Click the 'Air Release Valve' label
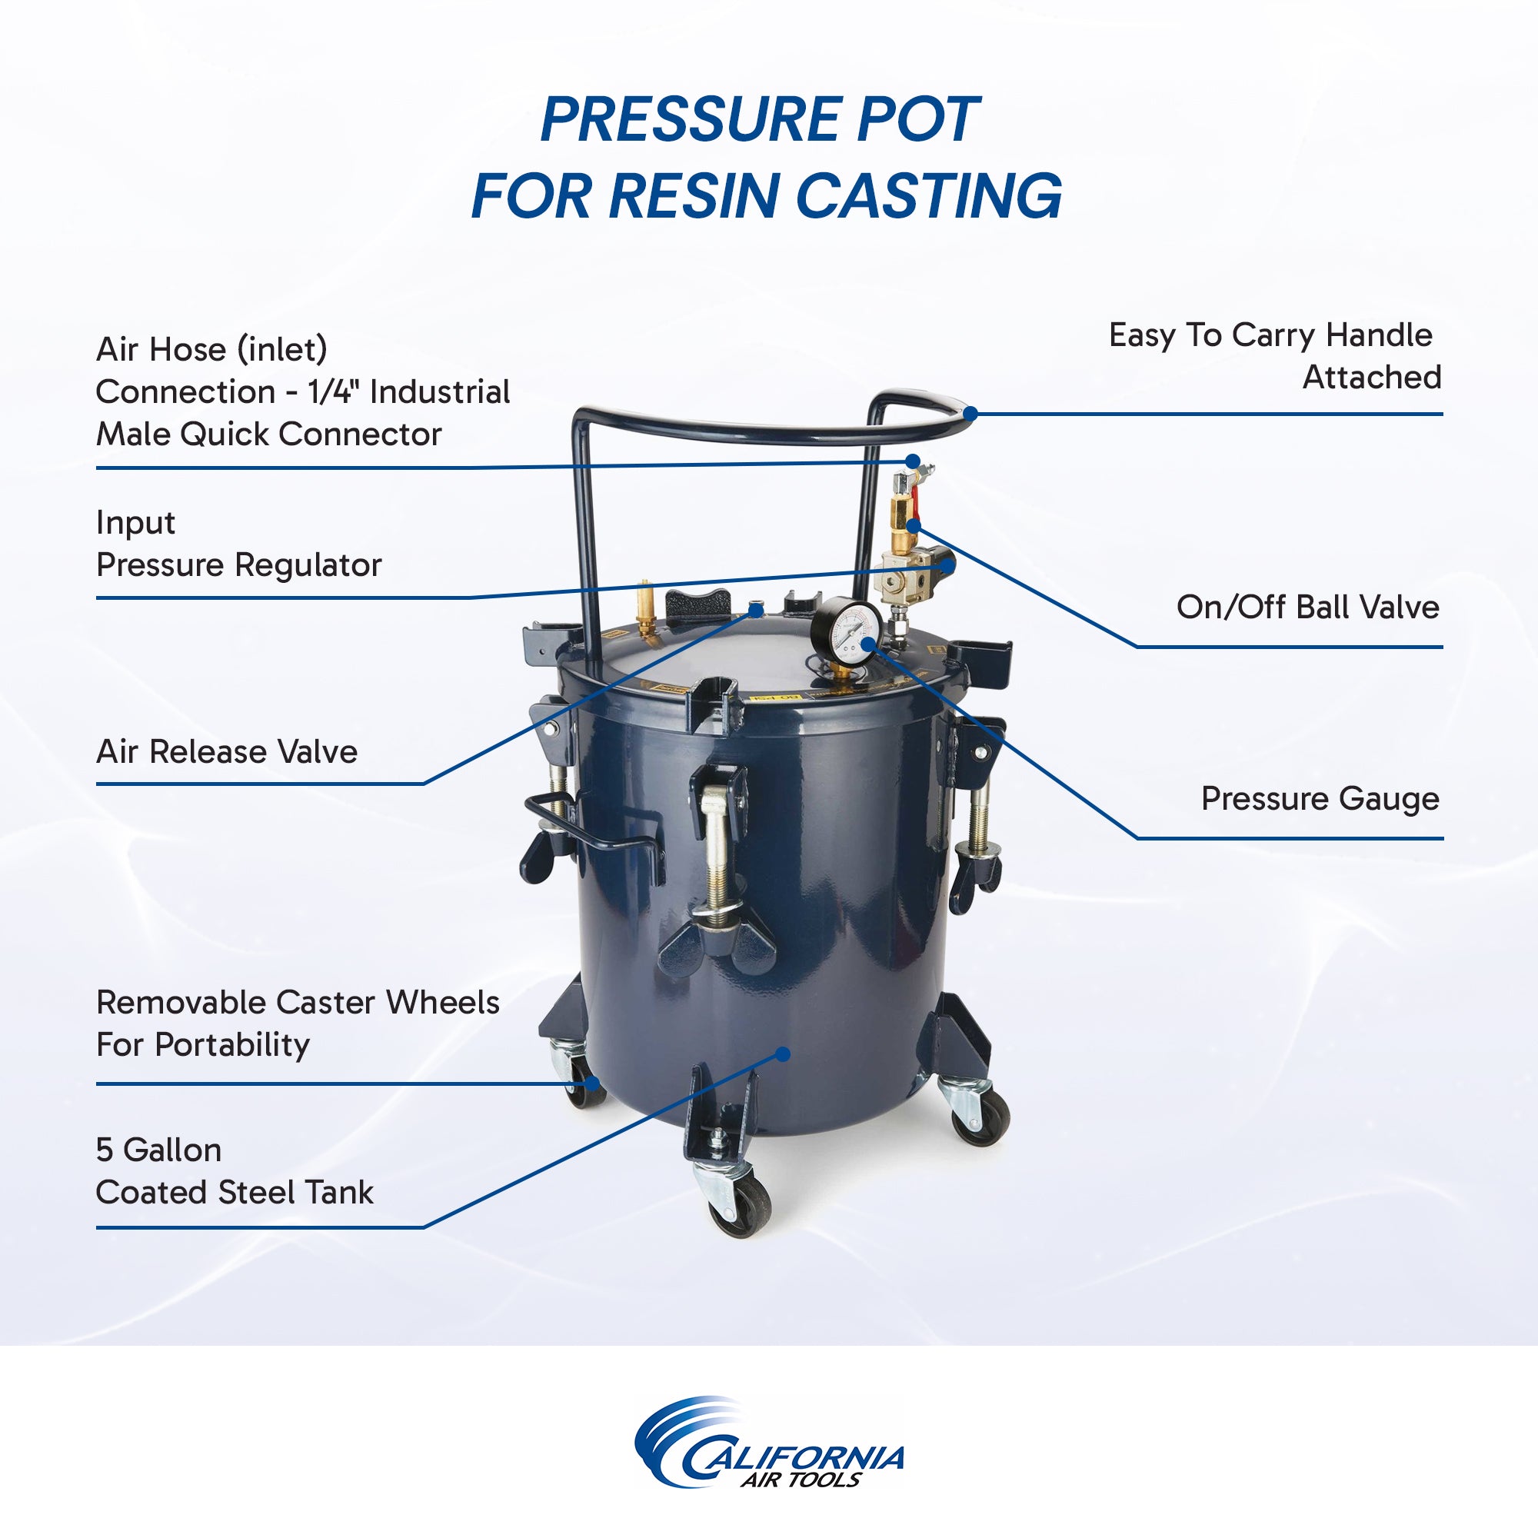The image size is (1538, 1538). [227, 751]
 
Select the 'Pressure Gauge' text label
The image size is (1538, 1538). [1320, 798]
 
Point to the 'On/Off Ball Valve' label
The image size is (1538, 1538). [1307, 607]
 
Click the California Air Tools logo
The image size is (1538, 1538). [769, 1453]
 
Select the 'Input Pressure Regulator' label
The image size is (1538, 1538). [238, 544]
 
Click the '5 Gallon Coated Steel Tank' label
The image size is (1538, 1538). [234, 1171]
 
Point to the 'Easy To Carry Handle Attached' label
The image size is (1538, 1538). [1273, 356]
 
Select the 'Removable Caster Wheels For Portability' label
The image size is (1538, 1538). [297, 1023]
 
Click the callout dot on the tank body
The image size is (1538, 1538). [784, 1054]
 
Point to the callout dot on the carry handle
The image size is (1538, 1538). [970, 414]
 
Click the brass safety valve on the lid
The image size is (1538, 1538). [645, 609]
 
